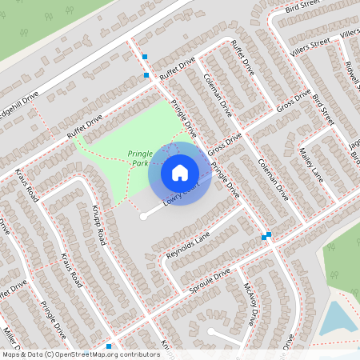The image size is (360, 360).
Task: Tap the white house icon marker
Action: coord(180,172)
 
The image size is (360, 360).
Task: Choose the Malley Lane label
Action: coord(310,161)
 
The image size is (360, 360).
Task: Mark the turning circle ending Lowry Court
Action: coord(143,216)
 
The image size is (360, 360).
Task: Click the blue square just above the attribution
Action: coord(109,346)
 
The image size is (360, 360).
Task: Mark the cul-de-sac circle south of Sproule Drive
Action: coord(210,331)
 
